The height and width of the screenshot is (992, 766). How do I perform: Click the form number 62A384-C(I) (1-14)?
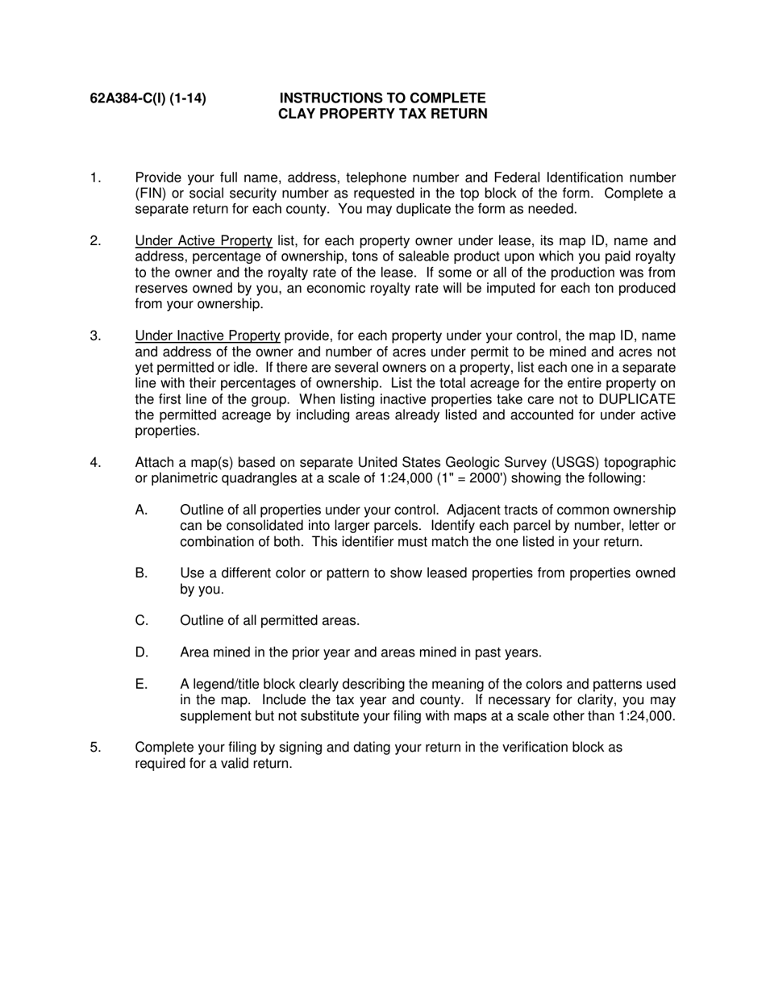pos(148,98)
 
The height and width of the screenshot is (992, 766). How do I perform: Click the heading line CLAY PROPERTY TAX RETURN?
pos(382,114)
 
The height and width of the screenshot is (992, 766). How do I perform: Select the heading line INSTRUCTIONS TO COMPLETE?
pos(382,98)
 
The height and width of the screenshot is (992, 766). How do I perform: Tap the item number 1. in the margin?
pos(96,177)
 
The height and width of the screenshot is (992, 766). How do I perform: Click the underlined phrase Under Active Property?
pos(203,240)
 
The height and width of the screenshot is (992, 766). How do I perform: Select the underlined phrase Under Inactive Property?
pos(207,336)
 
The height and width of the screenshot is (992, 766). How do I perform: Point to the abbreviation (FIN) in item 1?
pos(151,194)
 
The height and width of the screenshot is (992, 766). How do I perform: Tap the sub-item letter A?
pos(142,510)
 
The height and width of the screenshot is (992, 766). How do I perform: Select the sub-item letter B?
pos(142,573)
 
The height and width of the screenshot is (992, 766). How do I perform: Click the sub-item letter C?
pos(142,620)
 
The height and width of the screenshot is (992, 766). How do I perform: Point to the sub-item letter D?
pos(142,652)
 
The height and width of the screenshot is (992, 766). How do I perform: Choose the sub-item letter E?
pos(142,684)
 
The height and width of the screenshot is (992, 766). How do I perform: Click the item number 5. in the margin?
pos(96,747)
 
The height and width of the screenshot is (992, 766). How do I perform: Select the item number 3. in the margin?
pos(96,336)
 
